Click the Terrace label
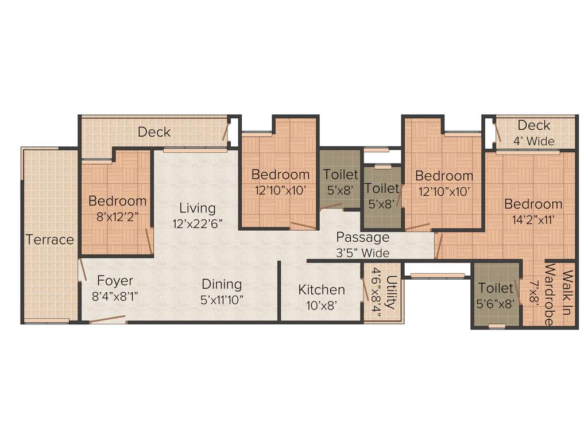point(50,239)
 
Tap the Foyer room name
point(115,281)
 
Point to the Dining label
point(222,284)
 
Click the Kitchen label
point(322,290)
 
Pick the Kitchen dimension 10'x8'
point(322,306)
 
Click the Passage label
point(362,237)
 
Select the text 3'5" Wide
point(362,253)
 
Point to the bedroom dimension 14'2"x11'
point(533,219)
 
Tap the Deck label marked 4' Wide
point(533,125)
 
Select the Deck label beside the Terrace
point(154,132)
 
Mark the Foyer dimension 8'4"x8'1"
point(115,296)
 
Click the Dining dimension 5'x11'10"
point(222,300)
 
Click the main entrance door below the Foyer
point(108,319)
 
